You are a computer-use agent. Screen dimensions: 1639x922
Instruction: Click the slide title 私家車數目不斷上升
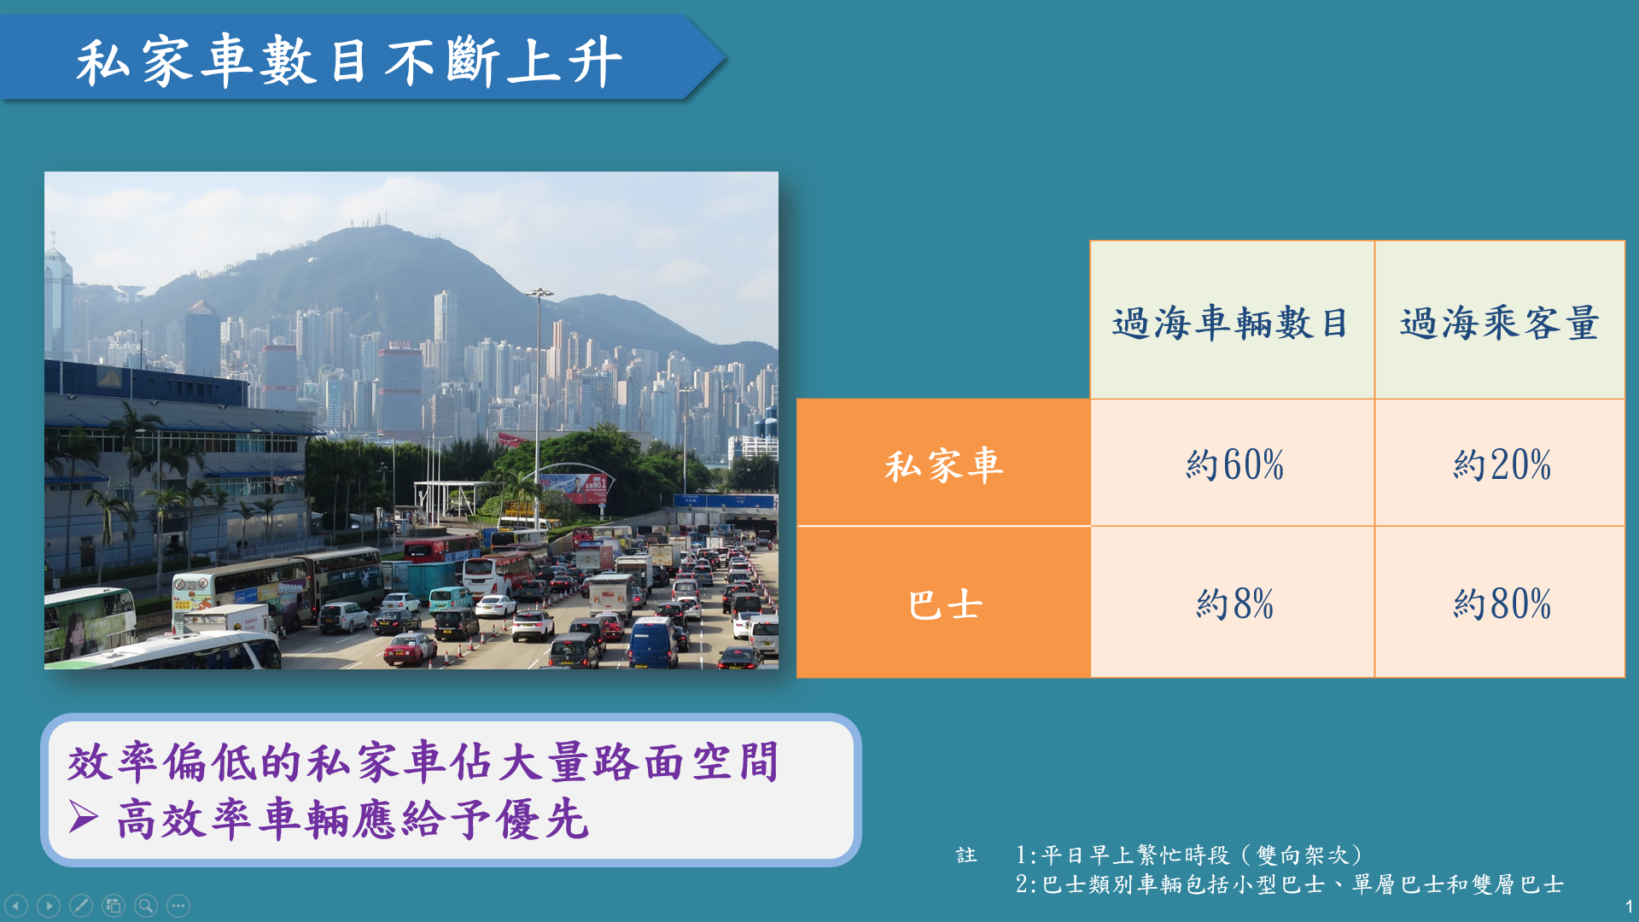tap(349, 61)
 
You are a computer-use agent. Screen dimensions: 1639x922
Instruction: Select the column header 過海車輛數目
tap(1231, 323)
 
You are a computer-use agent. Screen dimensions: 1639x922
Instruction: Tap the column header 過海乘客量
tap(1499, 323)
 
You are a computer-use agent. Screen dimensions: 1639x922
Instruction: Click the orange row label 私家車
tap(943, 465)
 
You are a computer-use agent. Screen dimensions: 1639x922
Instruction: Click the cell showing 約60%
tap(1234, 464)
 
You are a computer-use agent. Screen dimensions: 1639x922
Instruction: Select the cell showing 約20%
tap(1502, 464)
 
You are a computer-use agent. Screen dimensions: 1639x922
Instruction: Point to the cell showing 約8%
tap(1234, 604)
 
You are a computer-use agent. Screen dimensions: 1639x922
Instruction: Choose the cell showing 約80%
tap(1502, 604)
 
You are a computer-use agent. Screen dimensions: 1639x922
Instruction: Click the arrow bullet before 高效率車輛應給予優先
tap(84, 817)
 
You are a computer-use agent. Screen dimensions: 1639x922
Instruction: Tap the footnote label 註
tap(965, 855)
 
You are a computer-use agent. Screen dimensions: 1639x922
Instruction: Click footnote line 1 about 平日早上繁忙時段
tap(1189, 855)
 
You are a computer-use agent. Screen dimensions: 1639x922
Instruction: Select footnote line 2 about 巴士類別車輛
tap(1289, 884)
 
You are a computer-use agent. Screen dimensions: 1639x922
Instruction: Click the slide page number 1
tap(1629, 907)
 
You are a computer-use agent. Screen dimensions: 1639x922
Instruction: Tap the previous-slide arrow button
tap(16, 905)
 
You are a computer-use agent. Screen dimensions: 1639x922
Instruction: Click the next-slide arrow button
tap(49, 905)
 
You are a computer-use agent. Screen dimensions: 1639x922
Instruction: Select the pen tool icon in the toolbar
tap(81, 905)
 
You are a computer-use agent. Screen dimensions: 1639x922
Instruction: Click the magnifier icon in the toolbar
tap(146, 905)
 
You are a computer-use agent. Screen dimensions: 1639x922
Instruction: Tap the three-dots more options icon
tap(178, 905)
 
